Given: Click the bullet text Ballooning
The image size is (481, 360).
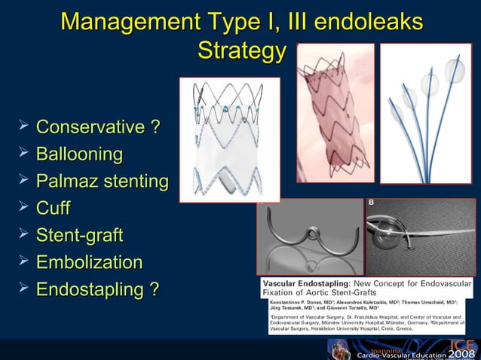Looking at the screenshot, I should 79,154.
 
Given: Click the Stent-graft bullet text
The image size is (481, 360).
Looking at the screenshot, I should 79,235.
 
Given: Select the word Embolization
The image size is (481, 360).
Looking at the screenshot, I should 89,262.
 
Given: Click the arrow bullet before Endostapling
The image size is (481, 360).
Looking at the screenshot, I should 24,288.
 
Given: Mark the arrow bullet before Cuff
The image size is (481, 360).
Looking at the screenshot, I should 24,208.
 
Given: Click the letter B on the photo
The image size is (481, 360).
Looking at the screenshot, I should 371,203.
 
